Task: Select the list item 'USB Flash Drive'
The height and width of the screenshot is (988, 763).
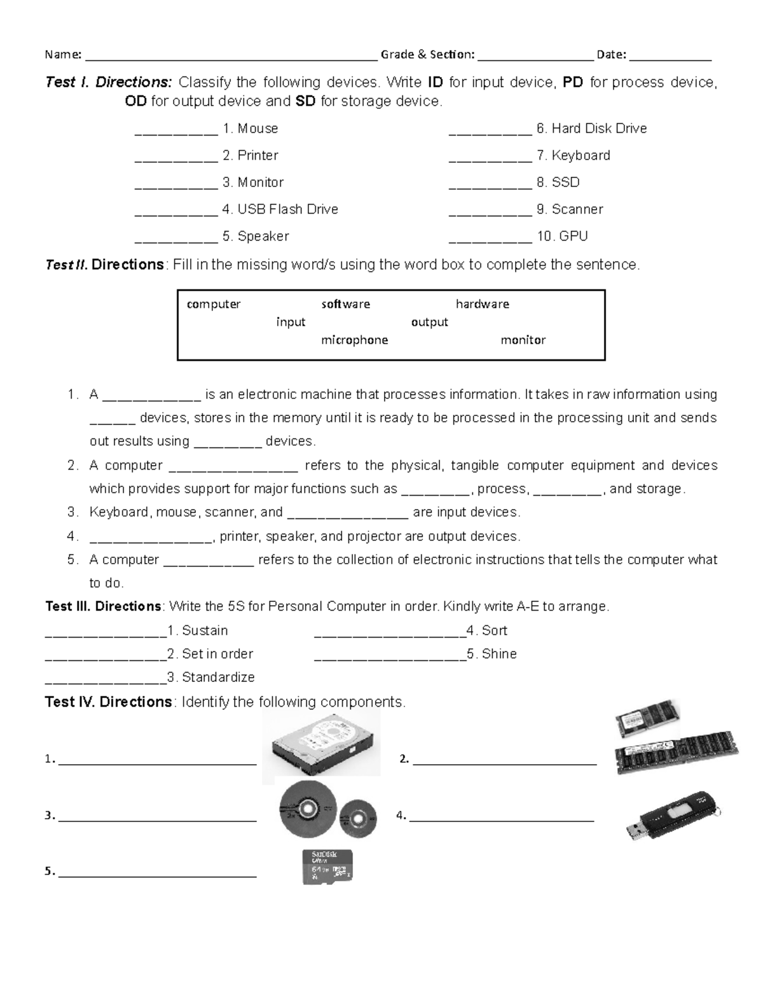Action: [280, 209]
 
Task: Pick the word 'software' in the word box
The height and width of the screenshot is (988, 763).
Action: [345, 304]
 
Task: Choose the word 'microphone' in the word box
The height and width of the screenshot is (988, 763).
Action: [354, 340]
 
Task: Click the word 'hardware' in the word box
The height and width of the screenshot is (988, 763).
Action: [482, 304]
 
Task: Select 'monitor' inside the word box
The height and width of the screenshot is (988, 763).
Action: [523, 340]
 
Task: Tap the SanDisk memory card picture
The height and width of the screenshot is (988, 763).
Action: [327, 866]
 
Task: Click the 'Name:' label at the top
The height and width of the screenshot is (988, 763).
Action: [63, 55]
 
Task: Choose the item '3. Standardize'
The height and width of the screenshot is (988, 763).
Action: [210, 677]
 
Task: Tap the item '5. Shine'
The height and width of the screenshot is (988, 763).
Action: [491, 653]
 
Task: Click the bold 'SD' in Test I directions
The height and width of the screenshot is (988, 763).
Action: [305, 101]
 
